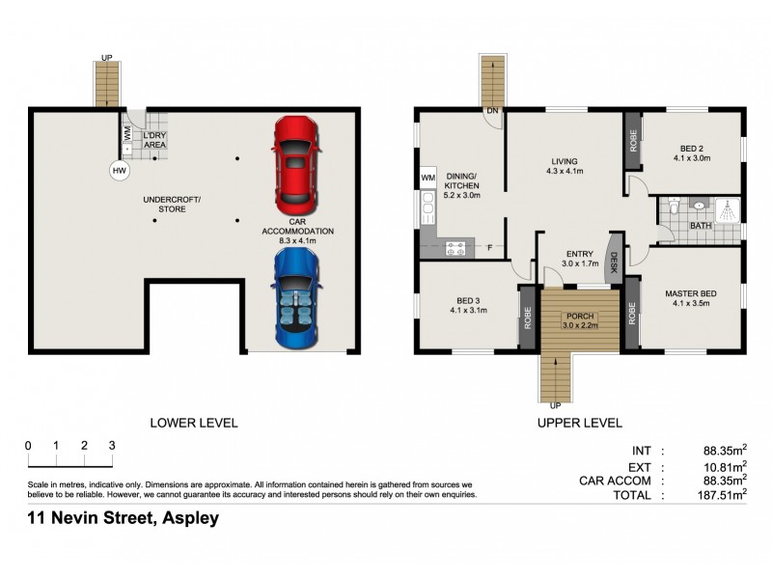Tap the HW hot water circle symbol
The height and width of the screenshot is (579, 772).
click(x=120, y=171)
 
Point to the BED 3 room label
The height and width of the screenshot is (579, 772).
click(x=468, y=304)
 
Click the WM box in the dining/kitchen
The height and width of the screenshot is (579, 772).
click(x=428, y=178)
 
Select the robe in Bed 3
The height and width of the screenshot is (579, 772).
click(x=527, y=317)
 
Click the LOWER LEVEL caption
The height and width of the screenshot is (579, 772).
click(x=193, y=423)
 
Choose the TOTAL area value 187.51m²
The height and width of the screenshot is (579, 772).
click(x=725, y=495)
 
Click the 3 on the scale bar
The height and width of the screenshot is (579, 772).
click(x=112, y=445)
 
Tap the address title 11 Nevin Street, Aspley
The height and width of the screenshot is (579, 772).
click(x=123, y=518)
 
